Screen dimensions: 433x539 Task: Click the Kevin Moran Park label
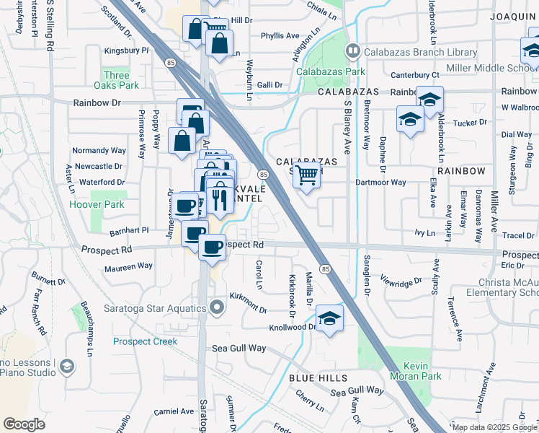point(416,372)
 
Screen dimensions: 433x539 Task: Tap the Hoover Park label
point(97,204)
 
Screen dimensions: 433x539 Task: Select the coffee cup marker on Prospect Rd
point(211,248)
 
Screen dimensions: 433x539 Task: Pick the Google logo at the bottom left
point(24,424)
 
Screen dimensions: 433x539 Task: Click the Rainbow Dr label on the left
point(97,103)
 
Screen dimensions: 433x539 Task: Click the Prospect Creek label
point(145,341)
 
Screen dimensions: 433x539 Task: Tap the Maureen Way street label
point(129,266)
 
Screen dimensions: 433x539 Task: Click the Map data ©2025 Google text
point(494,427)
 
